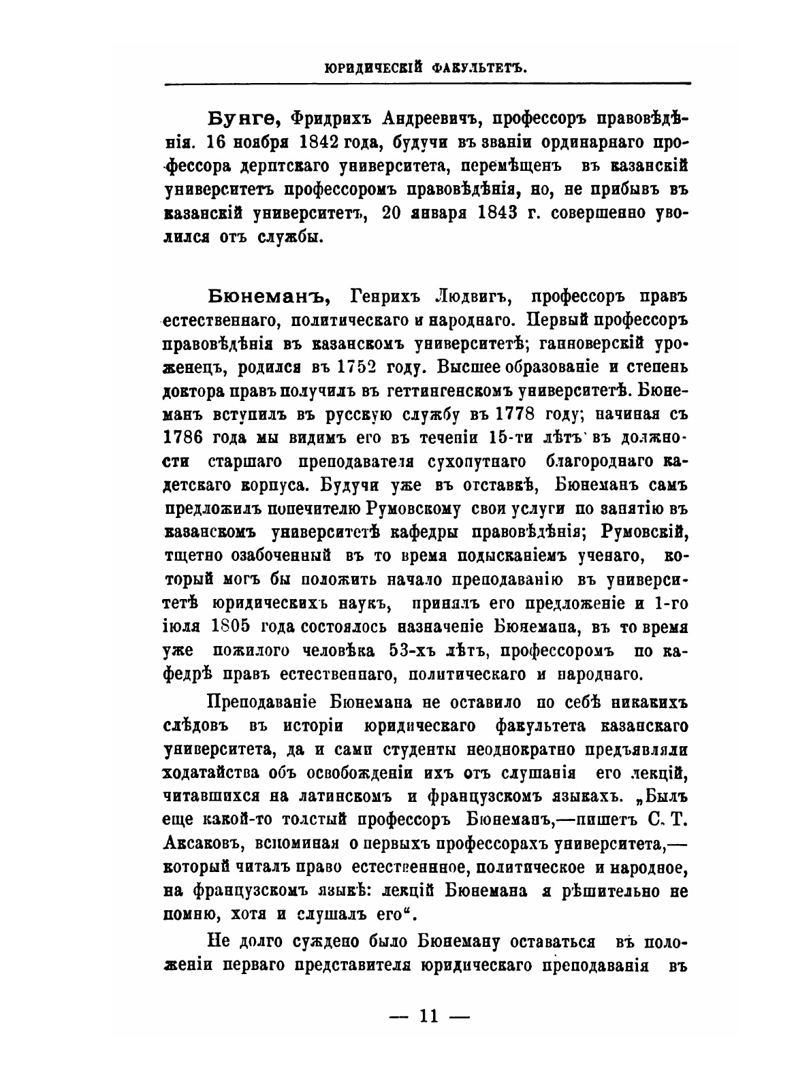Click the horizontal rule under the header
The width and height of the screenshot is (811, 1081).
coord(427,83)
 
